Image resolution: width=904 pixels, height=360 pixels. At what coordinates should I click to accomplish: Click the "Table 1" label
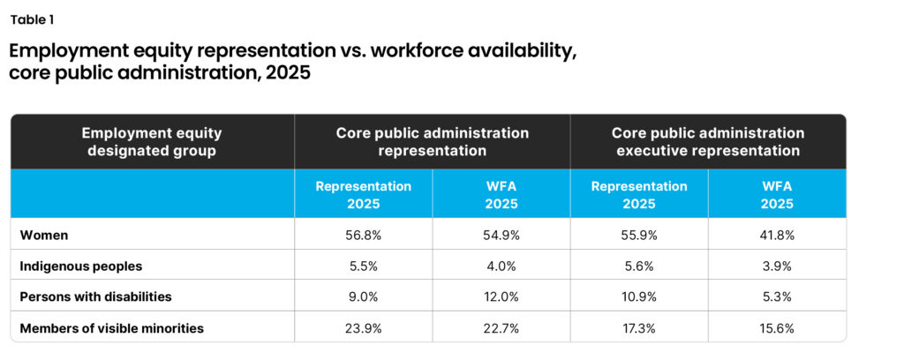[x=33, y=19]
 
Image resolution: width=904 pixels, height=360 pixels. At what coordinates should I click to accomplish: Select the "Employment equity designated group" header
[x=152, y=142]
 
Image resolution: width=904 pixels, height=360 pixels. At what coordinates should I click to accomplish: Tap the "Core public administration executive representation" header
[x=708, y=142]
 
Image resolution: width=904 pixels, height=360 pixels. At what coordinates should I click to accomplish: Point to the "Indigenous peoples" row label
[x=80, y=266]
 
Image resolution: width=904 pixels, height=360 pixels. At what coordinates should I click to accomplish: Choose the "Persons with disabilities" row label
[x=95, y=297]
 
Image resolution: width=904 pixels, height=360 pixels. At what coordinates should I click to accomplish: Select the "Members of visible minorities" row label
[x=112, y=328]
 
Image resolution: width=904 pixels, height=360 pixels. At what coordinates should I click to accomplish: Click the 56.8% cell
[x=363, y=235]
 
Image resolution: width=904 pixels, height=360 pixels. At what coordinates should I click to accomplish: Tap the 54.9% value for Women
[x=501, y=235]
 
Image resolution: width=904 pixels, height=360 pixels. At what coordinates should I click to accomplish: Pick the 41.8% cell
[x=777, y=235]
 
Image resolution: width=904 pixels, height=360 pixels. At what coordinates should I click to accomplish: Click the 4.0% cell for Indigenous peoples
[x=501, y=266]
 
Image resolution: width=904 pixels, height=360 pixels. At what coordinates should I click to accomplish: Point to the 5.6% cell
[x=639, y=266]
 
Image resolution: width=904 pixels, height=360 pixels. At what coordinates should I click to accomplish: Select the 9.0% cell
[x=363, y=297]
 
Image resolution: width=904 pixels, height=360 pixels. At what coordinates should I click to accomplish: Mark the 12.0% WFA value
[x=501, y=297]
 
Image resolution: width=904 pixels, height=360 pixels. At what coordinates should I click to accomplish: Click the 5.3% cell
[x=777, y=297]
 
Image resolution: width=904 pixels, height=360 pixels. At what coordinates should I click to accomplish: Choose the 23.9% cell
[x=363, y=328]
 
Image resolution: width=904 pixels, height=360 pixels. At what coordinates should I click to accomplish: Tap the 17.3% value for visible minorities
[x=639, y=328]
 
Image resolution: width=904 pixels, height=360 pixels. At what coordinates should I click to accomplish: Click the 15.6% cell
[x=777, y=328]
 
